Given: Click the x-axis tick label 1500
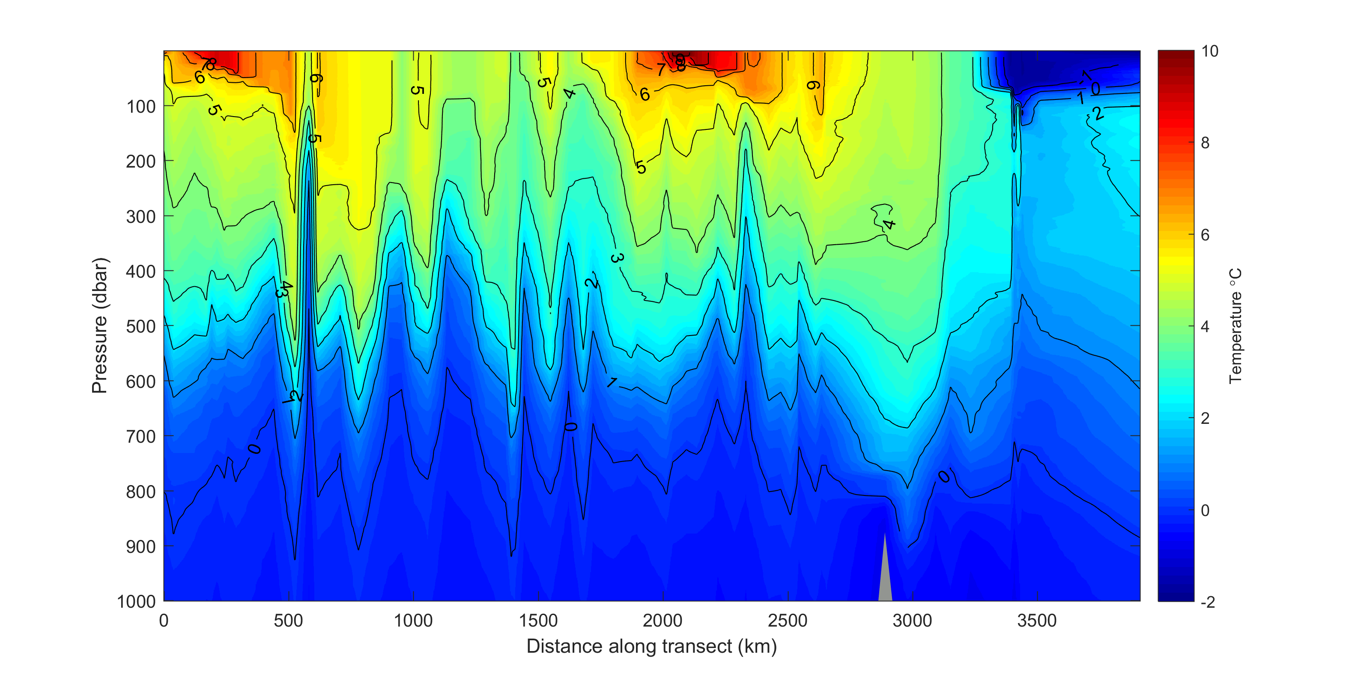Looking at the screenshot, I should (538, 621).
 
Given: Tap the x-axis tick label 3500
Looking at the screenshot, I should (1037, 621).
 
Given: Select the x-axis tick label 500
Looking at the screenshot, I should (288, 621).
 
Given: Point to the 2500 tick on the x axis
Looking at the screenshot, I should (788, 621).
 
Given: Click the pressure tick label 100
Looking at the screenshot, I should (141, 107).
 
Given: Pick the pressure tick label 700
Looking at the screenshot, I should (141, 437).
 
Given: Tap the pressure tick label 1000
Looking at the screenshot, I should (137, 602).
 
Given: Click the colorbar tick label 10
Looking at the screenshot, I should (1210, 51).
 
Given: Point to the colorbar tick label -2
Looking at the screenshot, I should (1208, 602).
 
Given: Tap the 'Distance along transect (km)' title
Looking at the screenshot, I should (651, 647).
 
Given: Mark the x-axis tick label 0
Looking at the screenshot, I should (164, 621).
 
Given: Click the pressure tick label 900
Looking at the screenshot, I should (141, 546).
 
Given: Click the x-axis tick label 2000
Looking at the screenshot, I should (663, 621).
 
